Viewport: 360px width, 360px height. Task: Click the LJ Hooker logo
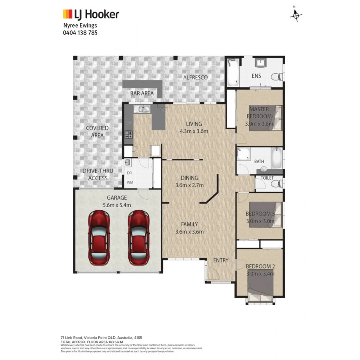91,15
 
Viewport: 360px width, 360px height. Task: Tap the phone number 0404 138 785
80,32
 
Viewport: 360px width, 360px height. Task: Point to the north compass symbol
296,15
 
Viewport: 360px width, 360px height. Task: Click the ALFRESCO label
195,77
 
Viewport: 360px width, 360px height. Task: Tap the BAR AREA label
142,93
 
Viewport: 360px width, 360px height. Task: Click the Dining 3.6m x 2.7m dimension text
190,185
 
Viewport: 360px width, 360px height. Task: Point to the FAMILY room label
189,224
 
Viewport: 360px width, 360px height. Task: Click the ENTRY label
220,260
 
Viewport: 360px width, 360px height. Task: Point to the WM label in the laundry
130,182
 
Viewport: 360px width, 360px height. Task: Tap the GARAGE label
116,198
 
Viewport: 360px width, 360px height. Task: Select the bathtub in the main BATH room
276,159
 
